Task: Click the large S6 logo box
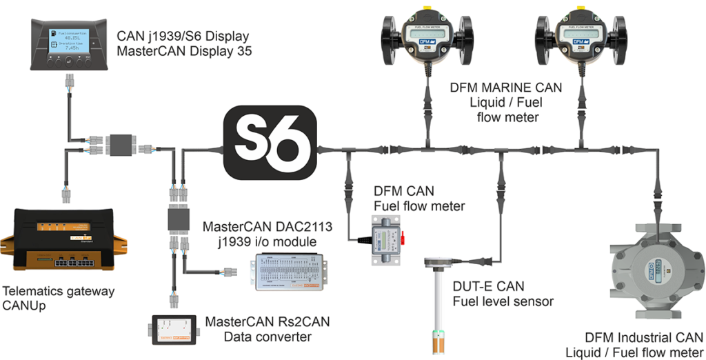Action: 270,146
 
